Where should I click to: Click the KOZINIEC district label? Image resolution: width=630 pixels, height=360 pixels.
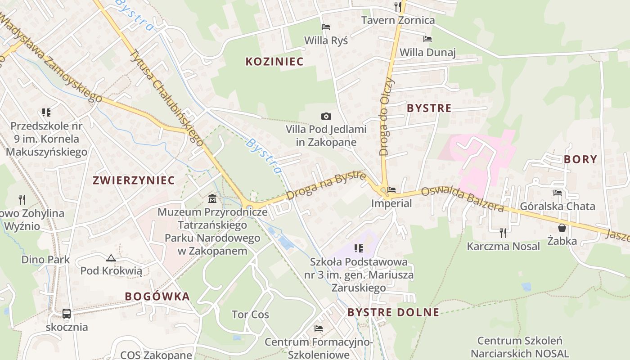pyautogui.click(x=274, y=62)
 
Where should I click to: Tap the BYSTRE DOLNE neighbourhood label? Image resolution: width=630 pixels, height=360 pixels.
pyautogui.click(x=393, y=312)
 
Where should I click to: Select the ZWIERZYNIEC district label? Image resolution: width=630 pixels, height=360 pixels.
pyautogui.click(x=133, y=180)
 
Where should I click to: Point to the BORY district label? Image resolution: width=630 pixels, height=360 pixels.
pyautogui.click(x=580, y=159)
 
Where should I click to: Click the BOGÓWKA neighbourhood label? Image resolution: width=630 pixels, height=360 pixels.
pyautogui.click(x=157, y=297)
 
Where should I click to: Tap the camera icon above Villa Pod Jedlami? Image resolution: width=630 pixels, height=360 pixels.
pyautogui.click(x=326, y=117)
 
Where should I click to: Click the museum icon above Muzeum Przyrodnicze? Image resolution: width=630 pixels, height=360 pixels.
pyautogui.click(x=212, y=198)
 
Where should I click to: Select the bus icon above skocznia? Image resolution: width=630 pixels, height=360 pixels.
pyautogui.click(x=67, y=313)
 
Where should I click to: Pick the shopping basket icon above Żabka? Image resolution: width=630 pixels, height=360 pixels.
pyautogui.click(x=562, y=228)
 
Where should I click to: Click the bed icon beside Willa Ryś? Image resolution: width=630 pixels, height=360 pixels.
pyautogui.click(x=326, y=27)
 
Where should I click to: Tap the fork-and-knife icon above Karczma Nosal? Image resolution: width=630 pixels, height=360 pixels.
pyautogui.click(x=503, y=233)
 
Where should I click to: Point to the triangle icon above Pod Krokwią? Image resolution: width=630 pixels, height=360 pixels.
pyautogui.click(x=111, y=258)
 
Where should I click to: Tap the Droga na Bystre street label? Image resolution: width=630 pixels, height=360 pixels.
pyautogui.click(x=326, y=185)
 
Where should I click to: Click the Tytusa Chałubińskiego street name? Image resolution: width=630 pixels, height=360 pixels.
pyautogui.click(x=166, y=97)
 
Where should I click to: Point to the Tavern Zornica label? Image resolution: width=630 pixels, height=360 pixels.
pyautogui.click(x=398, y=20)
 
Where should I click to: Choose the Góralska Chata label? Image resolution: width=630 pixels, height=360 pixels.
pyautogui.click(x=558, y=207)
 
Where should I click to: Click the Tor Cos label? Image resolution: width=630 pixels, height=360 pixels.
pyautogui.click(x=250, y=315)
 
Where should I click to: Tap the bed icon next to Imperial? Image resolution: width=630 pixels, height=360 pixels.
pyautogui.click(x=391, y=190)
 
